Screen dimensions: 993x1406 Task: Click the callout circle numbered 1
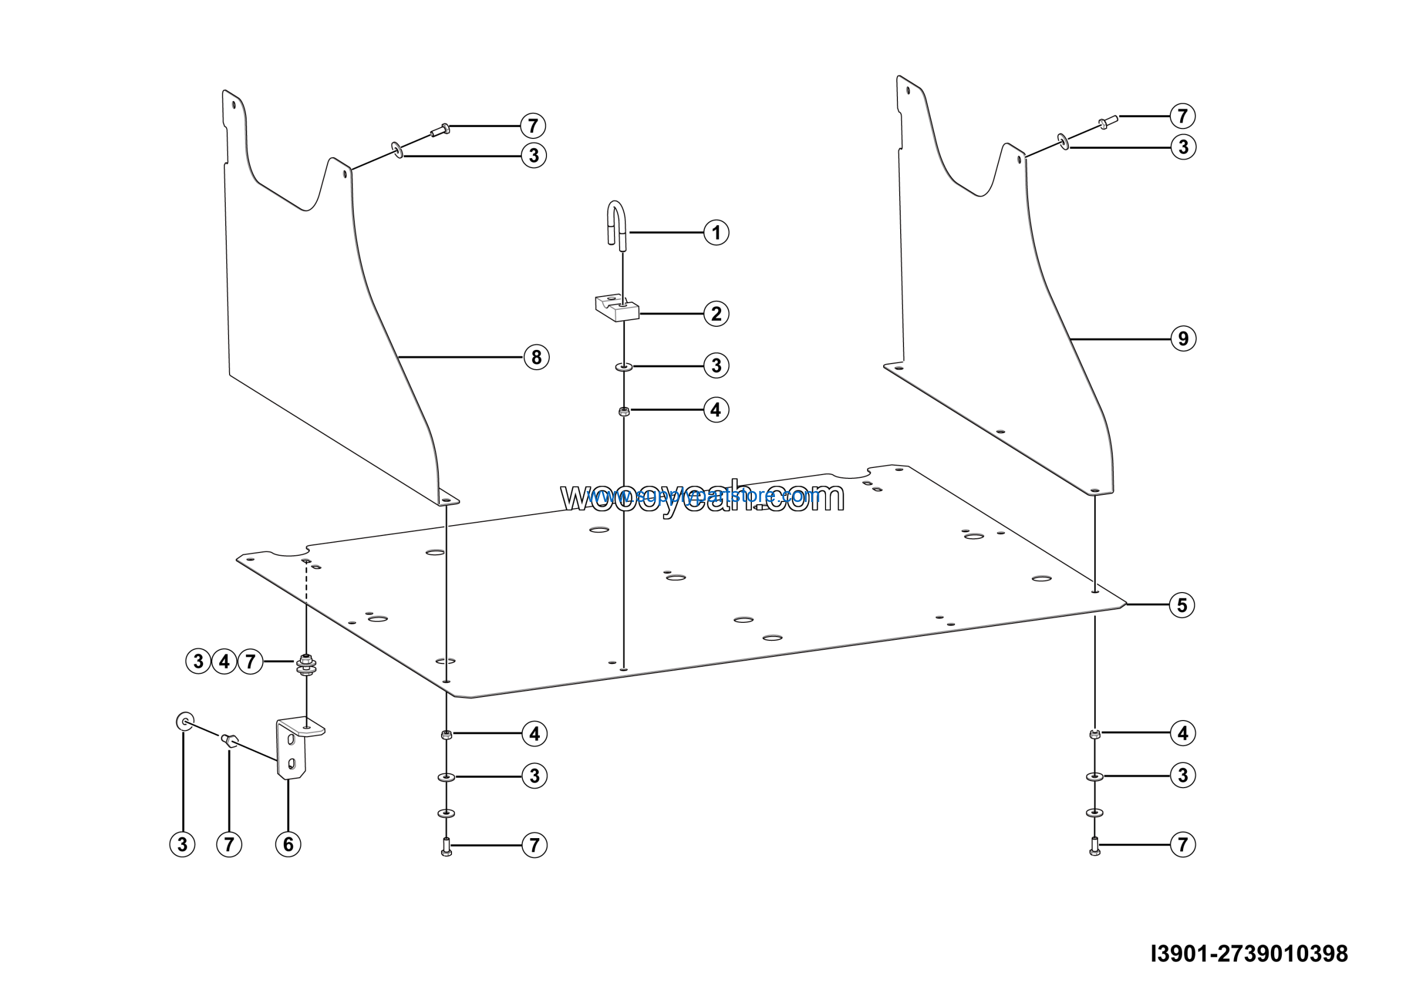tap(716, 233)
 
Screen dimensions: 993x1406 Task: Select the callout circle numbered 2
tap(716, 314)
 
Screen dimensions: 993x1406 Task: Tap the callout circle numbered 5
tap(1182, 605)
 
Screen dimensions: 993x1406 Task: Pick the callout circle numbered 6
tap(288, 844)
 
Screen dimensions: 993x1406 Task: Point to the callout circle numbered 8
tap(537, 357)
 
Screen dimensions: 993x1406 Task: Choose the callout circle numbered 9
tap(1183, 338)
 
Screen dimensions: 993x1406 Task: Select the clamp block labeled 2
tap(617, 308)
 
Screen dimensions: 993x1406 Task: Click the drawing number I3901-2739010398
tap(1249, 954)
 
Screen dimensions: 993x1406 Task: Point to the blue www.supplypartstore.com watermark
tap(703, 495)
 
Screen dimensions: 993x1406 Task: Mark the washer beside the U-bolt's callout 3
tap(624, 367)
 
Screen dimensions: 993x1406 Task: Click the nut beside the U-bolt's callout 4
tap(624, 411)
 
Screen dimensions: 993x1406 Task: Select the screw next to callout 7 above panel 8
tap(440, 130)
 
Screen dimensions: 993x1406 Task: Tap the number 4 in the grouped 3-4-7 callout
tap(224, 662)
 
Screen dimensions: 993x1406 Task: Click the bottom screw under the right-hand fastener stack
tap(1095, 846)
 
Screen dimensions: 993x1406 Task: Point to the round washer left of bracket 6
tap(185, 721)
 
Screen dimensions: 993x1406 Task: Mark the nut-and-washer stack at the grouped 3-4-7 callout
tap(306, 664)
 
